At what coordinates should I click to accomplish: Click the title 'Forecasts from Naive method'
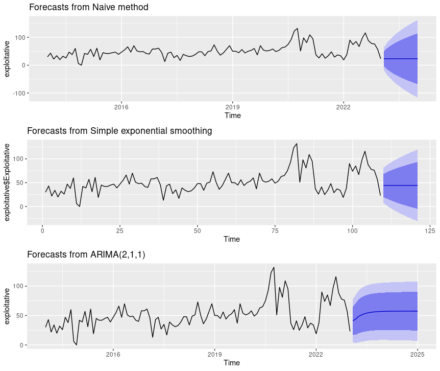point(89,8)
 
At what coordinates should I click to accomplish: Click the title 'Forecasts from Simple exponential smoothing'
point(119,131)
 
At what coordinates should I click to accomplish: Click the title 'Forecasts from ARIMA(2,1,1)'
point(86,254)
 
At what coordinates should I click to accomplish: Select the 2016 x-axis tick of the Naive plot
point(121,107)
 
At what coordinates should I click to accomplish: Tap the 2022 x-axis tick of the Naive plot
point(343,107)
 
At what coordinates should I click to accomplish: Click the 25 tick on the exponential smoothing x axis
point(120,230)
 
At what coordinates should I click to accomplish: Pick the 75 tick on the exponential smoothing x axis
point(275,230)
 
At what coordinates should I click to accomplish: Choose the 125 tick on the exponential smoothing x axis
point(429,230)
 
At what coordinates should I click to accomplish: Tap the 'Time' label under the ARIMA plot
point(232,362)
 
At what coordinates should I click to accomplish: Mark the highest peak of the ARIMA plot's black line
point(274,267)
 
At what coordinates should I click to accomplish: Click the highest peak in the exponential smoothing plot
point(296,144)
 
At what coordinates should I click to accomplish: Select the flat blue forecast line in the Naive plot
point(401,59)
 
